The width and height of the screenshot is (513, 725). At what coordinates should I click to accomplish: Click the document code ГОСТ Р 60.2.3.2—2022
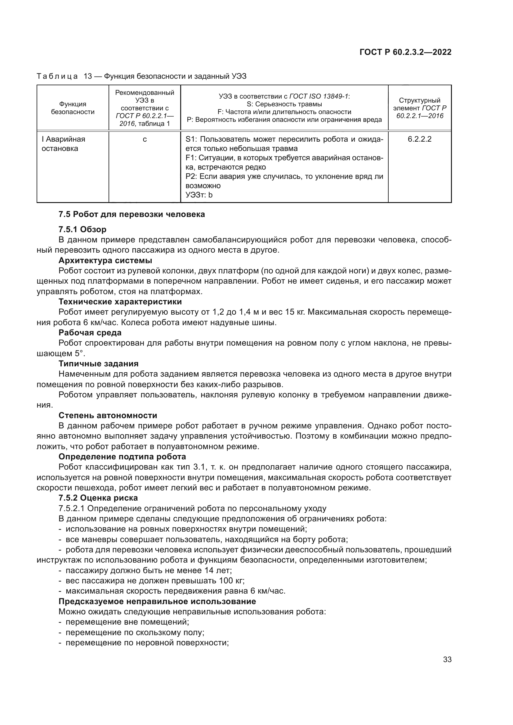tap(405, 52)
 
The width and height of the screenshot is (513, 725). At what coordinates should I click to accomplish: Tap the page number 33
tap(447, 660)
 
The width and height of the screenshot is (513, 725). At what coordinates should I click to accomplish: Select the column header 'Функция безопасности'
tap(73, 108)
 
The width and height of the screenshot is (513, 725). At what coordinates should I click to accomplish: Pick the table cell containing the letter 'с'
tap(145, 139)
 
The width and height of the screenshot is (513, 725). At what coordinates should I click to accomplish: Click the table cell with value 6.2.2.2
tap(420, 139)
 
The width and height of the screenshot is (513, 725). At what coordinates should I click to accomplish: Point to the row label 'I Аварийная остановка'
tap(63, 144)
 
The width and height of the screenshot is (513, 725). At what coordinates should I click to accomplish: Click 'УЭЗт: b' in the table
tap(199, 195)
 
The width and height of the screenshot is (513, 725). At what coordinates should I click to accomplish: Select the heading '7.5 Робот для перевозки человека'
tap(132, 214)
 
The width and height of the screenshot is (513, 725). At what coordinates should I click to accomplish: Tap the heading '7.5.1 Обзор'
tap(83, 229)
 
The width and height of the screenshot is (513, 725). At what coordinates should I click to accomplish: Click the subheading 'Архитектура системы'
tap(105, 260)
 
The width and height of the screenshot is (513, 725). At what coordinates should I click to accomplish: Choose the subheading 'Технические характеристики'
tap(120, 302)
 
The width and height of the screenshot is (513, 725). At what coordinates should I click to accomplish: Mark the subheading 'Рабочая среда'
tap(90, 333)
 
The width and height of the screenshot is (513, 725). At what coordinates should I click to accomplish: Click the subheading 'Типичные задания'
tap(99, 364)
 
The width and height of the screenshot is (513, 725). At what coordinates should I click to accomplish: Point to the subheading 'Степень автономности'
tap(108, 415)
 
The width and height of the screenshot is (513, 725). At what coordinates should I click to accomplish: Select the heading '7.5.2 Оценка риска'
tap(98, 498)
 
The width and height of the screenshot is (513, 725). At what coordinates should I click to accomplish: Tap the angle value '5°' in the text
tap(80, 353)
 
